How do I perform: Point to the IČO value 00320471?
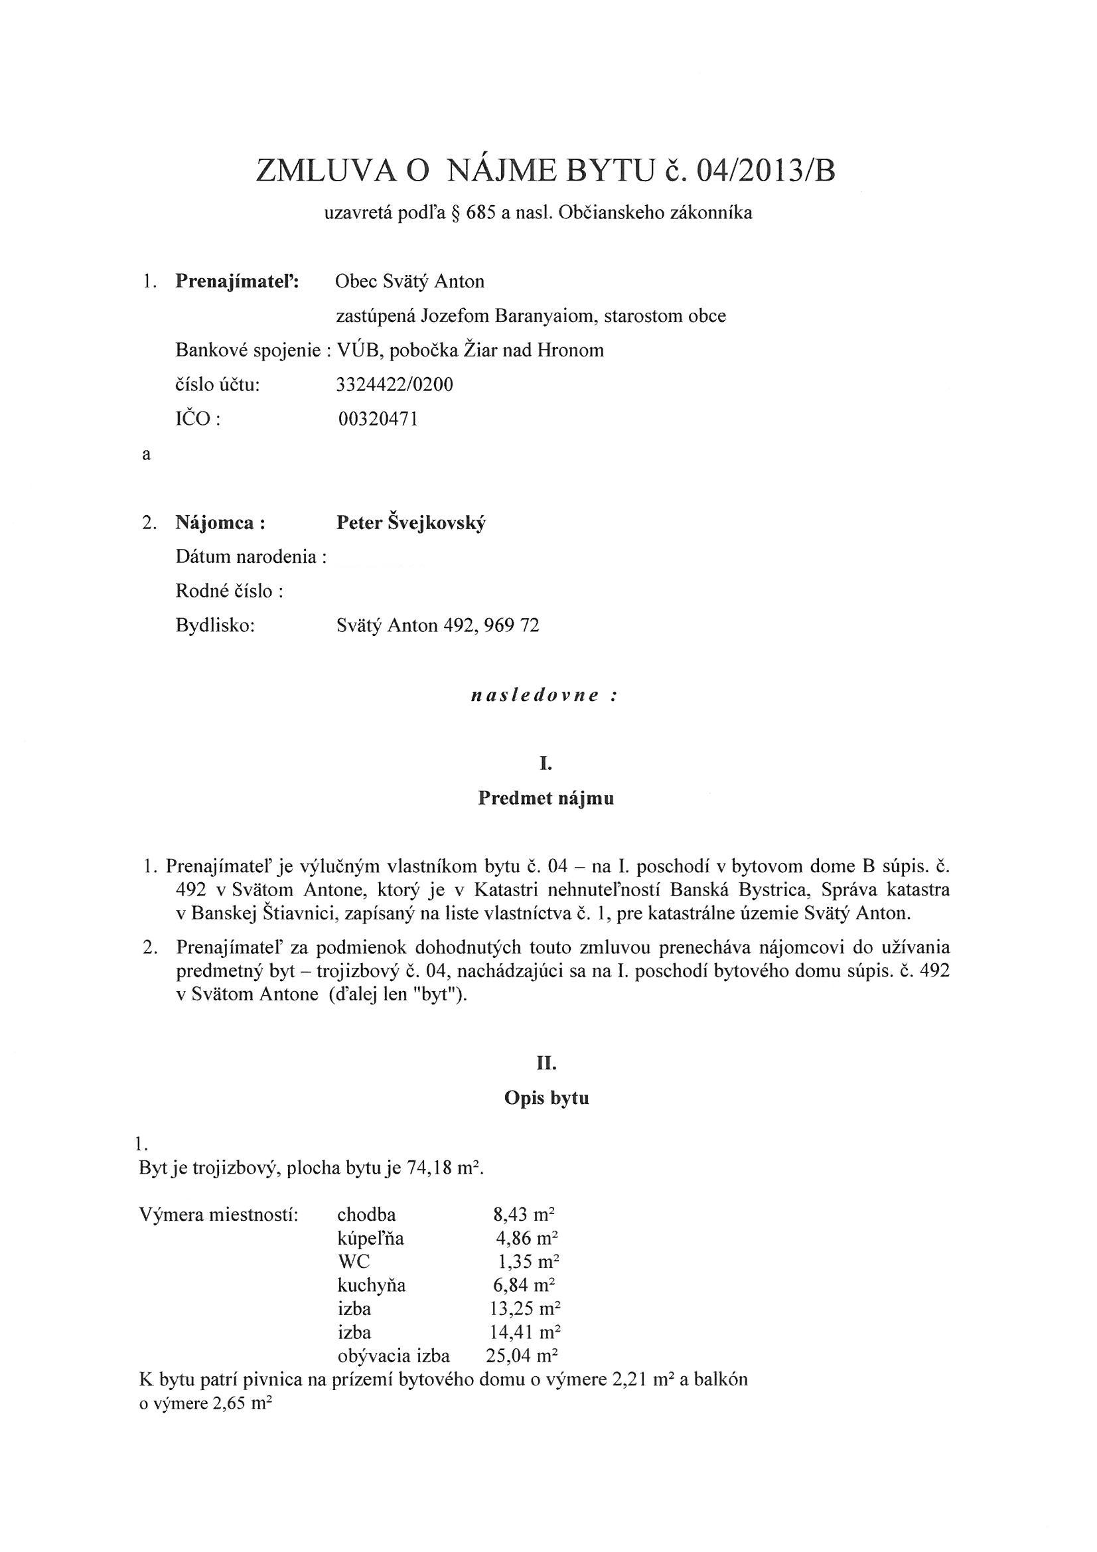[378, 419]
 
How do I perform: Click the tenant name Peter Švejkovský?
[411, 523]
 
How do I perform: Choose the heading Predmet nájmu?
[546, 799]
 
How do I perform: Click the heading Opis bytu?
[546, 1098]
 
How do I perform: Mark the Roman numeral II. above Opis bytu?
[546, 1063]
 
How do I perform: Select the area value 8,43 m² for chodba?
[524, 1215]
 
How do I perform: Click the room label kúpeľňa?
[370, 1239]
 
